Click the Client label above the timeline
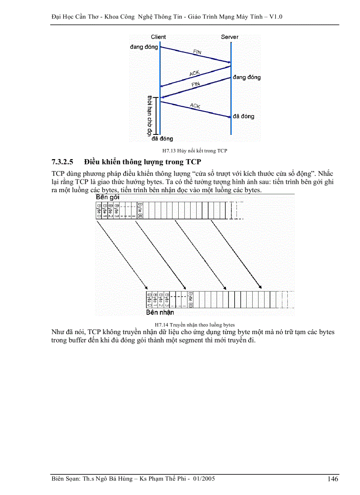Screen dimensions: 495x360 point(158,37)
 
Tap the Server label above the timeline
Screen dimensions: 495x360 point(229,37)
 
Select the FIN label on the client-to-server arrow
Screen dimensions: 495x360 point(198,52)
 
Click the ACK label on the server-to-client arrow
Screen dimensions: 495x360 point(195,73)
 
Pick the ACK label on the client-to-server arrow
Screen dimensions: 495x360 point(195,106)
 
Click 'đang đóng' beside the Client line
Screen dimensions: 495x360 point(144,47)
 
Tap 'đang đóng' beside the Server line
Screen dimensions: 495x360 point(247,78)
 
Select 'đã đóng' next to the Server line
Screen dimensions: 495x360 point(244,116)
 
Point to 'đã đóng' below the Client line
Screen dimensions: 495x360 point(162,139)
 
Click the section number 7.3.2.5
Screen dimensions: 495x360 point(65,162)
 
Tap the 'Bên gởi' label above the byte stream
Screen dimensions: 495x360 point(108,197)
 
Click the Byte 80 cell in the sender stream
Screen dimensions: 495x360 point(139,211)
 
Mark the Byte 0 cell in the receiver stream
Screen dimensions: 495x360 point(150,299)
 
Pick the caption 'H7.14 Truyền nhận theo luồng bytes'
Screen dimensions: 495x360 point(195,324)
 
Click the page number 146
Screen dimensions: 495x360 point(333,479)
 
